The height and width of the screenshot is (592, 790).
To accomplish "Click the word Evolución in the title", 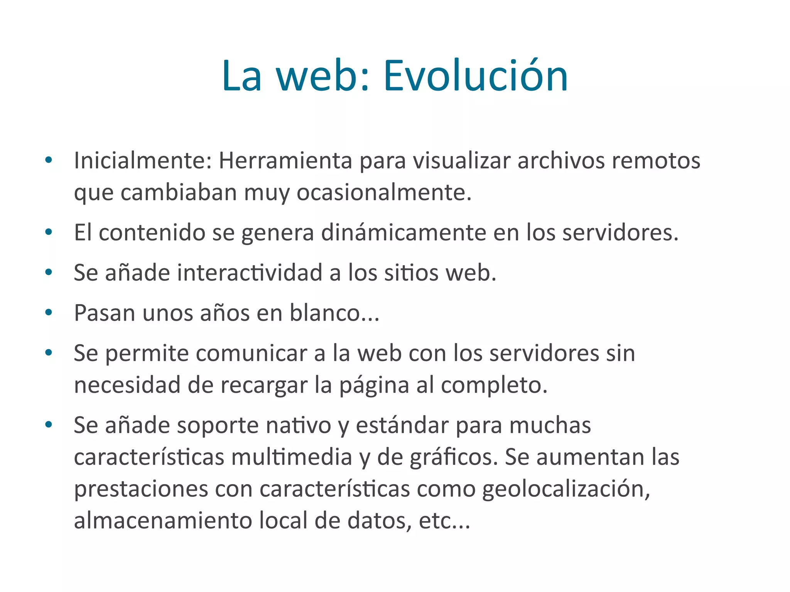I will coord(475,76).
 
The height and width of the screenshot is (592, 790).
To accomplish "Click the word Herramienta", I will coord(285,160).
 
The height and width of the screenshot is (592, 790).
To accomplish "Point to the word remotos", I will coord(656,160).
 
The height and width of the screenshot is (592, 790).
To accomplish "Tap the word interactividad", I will coord(250,272).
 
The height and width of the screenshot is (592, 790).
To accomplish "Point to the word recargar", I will coord(264,385).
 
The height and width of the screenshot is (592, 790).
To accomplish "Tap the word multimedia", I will coord(292,457).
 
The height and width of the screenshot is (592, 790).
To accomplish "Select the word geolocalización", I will coord(566,489).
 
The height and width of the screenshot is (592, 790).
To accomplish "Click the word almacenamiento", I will coord(163,521).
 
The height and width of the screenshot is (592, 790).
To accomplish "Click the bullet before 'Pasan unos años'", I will coord(49,312).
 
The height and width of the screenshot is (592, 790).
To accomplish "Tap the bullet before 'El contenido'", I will coord(49,232).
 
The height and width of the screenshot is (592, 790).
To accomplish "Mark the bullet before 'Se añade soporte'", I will coord(49,425).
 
